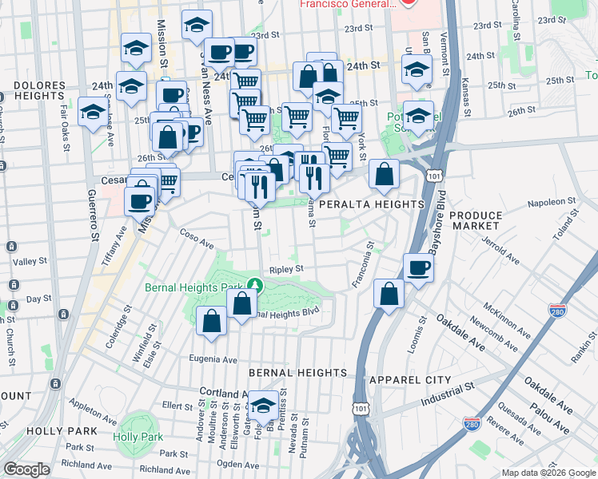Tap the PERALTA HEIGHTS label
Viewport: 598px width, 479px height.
[x=370, y=205]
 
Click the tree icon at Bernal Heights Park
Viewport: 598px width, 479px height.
[x=254, y=284]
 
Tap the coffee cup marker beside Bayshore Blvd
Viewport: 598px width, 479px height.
[x=417, y=268]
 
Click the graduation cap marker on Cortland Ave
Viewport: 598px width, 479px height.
[x=263, y=406]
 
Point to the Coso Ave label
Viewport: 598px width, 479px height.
[x=197, y=237]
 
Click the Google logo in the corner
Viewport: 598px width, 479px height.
[x=27, y=469]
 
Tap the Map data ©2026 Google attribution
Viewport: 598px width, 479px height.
[x=548, y=473]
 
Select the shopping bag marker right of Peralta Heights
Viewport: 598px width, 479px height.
[x=385, y=176]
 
